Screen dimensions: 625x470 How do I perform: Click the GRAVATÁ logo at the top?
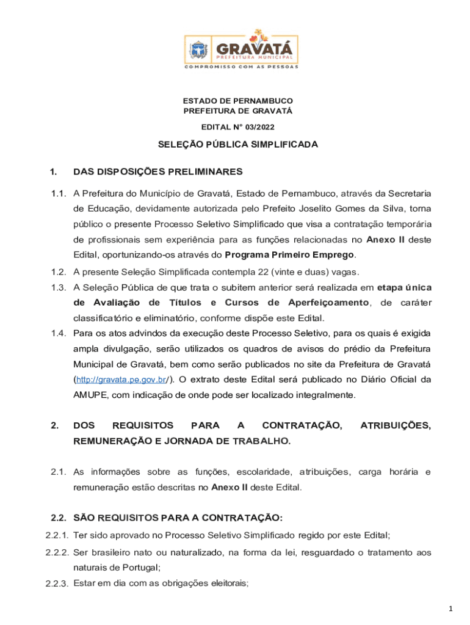(x=241, y=49)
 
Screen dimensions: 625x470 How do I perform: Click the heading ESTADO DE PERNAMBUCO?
(x=238, y=101)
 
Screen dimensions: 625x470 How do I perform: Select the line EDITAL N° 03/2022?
(x=238, y=127)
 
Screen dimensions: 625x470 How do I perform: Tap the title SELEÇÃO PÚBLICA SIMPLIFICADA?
(x=238, y=145)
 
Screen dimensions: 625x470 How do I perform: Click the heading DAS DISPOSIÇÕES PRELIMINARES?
(x=157, y=172)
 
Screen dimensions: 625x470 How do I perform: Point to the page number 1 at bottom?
(x=450, y=608)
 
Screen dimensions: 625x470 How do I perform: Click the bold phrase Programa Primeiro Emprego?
(x=290, y=255)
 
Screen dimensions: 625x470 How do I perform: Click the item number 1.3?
(x=59, y=287)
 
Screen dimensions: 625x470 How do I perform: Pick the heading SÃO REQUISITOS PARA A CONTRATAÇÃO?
(x=178, y=518)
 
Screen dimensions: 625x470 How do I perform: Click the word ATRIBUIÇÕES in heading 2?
(x=396, y=425)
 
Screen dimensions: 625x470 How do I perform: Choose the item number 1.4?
(x=59, y=333)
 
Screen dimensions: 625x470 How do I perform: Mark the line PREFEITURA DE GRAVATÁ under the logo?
(x=238, y=111)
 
